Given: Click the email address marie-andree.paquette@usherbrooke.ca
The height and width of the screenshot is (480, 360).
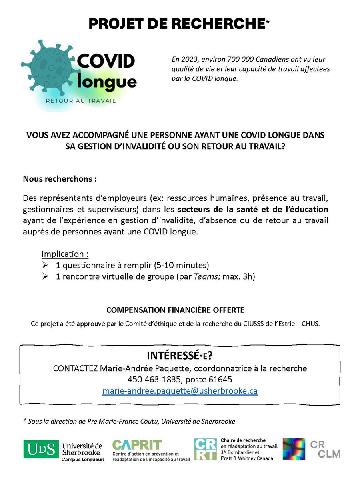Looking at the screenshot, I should [x=180, y=391].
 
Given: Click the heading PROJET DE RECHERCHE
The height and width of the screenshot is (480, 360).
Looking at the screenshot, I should [x=176, y=24].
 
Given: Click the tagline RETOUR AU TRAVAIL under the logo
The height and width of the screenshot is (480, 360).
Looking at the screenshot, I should [x=80, y=101].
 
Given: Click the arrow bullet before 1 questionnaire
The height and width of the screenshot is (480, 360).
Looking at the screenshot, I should [x=45, y=265].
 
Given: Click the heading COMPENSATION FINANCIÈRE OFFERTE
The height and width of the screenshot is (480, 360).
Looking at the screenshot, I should [x=175, y=310].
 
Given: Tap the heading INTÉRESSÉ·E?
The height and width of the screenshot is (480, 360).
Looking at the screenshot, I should [x=179, y=356].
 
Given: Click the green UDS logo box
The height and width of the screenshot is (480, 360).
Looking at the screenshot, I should [x=41, y=449].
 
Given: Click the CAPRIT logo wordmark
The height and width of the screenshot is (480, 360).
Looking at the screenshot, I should [x=137, y=444].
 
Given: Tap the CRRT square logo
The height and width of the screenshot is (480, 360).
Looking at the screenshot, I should [x=205, y=449].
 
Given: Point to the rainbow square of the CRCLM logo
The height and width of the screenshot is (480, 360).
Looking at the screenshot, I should [x=294, y=449].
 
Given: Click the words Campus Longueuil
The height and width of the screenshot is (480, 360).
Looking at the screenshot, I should [x=82, y=460].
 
